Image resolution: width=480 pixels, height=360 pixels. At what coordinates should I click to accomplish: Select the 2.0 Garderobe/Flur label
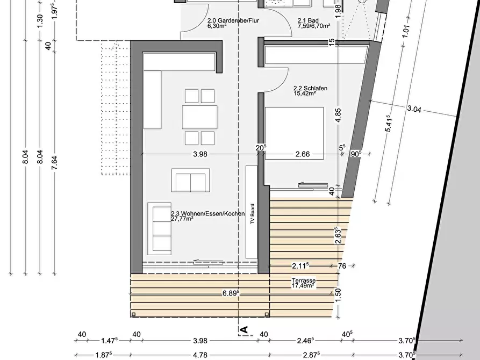pos(233,20)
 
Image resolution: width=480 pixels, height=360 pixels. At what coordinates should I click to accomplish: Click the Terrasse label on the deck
pos(303,280)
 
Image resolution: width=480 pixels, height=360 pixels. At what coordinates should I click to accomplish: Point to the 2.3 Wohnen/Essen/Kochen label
pos(208,214)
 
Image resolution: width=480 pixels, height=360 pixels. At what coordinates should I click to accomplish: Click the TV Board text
pos(253,214)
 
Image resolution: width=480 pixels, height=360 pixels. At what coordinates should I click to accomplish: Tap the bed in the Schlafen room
pos(294,133)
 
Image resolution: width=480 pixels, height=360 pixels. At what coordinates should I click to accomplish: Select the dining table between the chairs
pos(199,117)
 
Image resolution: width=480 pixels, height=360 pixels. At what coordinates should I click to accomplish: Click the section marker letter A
pos(244,330)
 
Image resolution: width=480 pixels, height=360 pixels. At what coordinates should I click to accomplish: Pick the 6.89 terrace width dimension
pos(231,293)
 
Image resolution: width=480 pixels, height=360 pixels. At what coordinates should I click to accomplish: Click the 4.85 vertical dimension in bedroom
pos(338,116)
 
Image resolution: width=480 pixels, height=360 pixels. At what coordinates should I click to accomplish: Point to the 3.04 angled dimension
pos(414,109)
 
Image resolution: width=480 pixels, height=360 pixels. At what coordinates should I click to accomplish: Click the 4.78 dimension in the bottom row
pos(200,355)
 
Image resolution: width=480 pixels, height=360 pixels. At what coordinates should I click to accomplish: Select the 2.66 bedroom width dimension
pos(303,154)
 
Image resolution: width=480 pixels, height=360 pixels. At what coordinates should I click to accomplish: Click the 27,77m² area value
pos(182,219)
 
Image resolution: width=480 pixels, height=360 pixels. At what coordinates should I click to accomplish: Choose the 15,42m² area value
pos(305,93)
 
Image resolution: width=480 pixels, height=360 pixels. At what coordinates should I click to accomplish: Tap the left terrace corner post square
pos(133,314)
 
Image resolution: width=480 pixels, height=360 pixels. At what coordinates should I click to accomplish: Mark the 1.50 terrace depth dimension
pos(338,295)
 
